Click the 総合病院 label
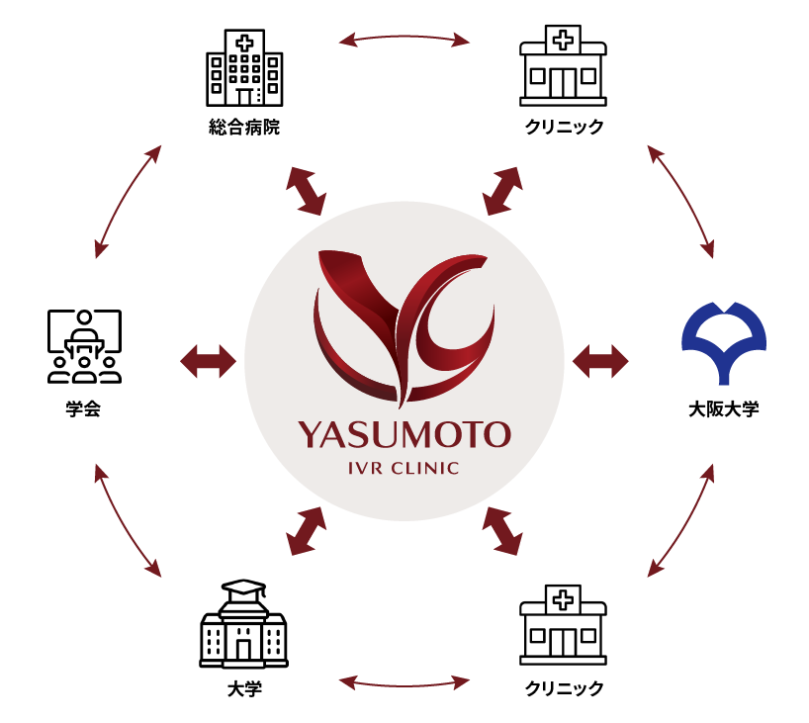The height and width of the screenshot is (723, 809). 244,127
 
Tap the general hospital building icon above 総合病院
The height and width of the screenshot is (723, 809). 244,67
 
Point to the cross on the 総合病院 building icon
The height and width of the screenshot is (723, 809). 244,43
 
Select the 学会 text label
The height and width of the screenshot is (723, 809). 83,408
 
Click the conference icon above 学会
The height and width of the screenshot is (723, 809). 84,346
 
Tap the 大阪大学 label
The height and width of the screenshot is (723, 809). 724,409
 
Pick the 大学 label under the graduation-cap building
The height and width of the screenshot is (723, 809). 244,689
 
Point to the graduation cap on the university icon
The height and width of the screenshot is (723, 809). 244,588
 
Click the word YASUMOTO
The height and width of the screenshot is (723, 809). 404,435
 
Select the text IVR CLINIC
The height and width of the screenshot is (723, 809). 404,468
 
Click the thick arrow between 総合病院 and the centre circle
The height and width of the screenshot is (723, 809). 306,191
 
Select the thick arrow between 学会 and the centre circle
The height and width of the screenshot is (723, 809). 208,361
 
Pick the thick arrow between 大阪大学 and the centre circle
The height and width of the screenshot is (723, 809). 600,361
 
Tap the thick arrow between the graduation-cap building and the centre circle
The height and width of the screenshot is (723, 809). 306,531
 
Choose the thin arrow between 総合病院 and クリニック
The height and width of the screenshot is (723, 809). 404,38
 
